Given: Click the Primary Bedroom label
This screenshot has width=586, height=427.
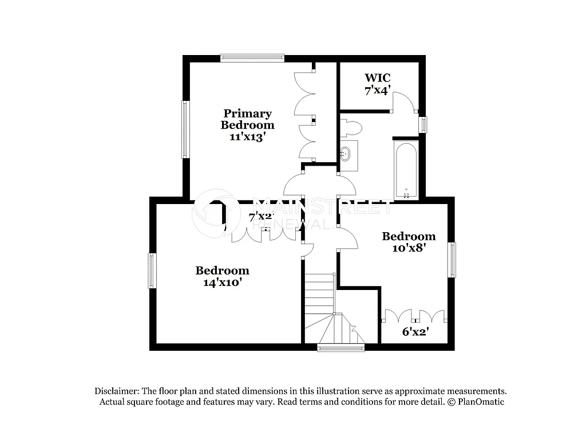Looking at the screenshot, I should coord(248,119).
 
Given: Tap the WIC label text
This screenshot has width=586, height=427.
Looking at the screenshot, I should coord(378,77).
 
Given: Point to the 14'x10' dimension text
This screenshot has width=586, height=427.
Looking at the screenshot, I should coord(222,282).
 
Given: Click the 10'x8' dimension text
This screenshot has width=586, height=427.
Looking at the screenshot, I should coord(409,248).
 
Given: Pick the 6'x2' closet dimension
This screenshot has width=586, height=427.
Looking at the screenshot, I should coord(415,331).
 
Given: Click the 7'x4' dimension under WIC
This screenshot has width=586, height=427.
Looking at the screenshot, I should coord(378,90).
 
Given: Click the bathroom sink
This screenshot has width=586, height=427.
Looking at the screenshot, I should coord(346,153).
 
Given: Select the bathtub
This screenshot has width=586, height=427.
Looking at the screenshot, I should coord(406,169).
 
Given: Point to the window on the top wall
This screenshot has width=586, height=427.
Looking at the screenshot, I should coord(252,57).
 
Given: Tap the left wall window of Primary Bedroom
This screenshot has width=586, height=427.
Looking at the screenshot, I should coord(185,129).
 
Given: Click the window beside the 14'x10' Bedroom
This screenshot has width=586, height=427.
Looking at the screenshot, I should coord(152,271).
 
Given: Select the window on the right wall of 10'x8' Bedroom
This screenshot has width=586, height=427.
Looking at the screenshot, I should coord(452,260).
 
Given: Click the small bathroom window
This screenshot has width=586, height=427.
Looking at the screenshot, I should coord(423,124).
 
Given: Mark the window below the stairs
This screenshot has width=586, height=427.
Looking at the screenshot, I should coord(341,347).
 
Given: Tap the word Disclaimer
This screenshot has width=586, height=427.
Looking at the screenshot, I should coord(117,391).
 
